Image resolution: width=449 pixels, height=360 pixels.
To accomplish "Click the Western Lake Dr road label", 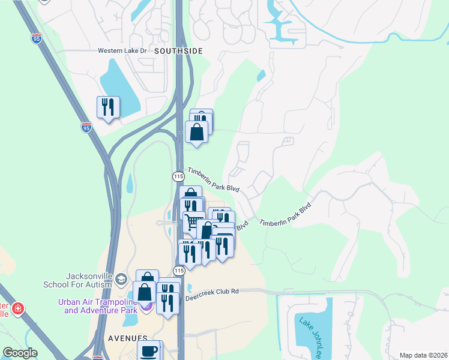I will click(x=122, y=51).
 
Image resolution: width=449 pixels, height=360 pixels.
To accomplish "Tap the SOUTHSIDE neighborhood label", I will click(x=178, y=51).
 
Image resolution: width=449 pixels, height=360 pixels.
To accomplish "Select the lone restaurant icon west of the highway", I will click(x=108, y=107).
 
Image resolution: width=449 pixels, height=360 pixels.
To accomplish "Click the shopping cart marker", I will click(x=192, y=222).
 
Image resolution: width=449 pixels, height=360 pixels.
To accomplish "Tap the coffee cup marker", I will click(x=149, y=350).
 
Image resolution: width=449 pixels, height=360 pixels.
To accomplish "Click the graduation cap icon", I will click(x=121, y=280).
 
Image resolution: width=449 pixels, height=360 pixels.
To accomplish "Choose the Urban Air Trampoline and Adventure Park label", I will click(x=97, y=306).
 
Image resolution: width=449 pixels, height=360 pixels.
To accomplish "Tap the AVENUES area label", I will click(x=127, y=338).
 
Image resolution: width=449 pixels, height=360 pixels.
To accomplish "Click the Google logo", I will click(x=20, y=353).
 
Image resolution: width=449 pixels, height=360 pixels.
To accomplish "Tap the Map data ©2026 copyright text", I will click(x=423, y=355).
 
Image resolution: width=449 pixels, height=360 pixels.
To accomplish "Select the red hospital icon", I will click(x=19, y=309).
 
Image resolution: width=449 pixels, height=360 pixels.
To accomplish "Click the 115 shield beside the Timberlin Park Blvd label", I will click(x=178, y=176).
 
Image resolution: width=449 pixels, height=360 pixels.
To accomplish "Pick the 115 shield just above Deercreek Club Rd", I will click(x=178, y=271).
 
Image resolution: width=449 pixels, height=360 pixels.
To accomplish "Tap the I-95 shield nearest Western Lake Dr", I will click(x=37, y=39).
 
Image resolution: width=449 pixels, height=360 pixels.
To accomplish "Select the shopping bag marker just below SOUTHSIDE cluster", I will click(x=196, y=131).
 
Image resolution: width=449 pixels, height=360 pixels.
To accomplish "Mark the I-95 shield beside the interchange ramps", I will click(x=87, y=127).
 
